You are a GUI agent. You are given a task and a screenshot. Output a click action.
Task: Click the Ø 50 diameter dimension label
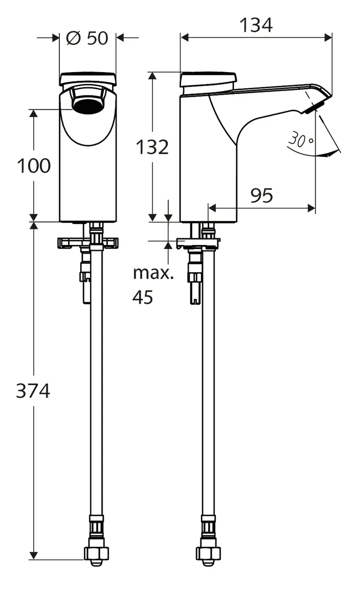click(87, 38)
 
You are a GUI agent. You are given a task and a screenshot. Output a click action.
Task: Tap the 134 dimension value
click(257, 25)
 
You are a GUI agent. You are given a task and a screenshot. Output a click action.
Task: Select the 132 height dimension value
click(152, 147)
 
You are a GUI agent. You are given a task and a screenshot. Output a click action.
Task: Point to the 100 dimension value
click(34, 166)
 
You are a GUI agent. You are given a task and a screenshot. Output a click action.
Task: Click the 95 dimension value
click(261, 195)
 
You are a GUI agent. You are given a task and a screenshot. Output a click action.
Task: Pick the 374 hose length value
click(33, 391)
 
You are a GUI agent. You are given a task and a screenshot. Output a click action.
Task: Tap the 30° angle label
click(300, 139)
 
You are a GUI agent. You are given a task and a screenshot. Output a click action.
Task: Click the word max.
click(153, 273)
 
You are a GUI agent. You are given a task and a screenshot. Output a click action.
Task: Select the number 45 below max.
click(143, 297)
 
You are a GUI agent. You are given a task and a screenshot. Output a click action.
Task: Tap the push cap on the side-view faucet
click(209, 80)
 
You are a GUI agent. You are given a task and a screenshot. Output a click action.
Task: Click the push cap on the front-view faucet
click(87, 78)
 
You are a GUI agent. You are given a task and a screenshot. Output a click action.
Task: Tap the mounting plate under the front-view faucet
click(88, 242)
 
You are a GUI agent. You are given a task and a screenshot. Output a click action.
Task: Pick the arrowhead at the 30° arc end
click(335, 152)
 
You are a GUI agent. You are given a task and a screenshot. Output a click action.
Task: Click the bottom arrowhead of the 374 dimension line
click(34, 555)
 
